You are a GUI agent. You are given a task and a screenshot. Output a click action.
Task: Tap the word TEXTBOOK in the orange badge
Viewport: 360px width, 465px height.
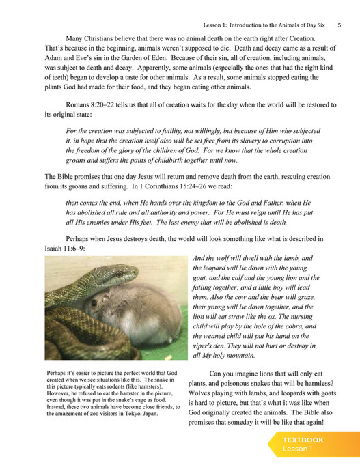[303, 440]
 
